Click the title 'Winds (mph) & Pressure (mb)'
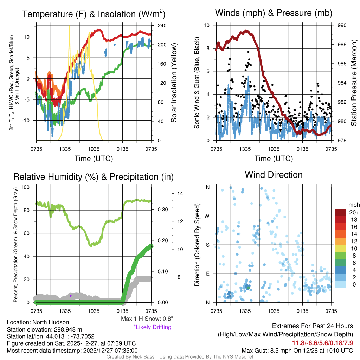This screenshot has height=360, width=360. click(x=274, y=13)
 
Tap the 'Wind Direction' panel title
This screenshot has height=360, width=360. click(x=274, y=175)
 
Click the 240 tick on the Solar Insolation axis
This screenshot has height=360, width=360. click(x=162, y=26)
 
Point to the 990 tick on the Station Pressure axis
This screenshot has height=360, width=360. click(x=342, y=26)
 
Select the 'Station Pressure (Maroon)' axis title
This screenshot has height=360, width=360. click(x=354, y=83)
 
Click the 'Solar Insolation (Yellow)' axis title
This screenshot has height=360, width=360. click(x=174, y=83)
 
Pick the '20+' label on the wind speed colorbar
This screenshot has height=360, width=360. click(x=353, y=212)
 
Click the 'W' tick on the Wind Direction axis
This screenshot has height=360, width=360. click(x=208, y=216)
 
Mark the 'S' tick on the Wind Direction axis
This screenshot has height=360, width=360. click(x=208, y=245)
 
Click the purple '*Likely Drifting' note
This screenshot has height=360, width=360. click(x=152, y=327)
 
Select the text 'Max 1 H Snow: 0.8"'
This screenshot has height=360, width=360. click(x=147, y=319)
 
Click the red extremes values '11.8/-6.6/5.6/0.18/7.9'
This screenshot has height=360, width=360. click(x=322, y=343)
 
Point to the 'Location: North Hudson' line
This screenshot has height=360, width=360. click(x=38, y=322)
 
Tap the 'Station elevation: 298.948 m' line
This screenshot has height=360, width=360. click(x=44, y=329)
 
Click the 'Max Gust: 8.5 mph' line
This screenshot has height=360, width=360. click(x=297, y=351)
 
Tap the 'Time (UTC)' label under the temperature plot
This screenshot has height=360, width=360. click(x=94, y=159)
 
